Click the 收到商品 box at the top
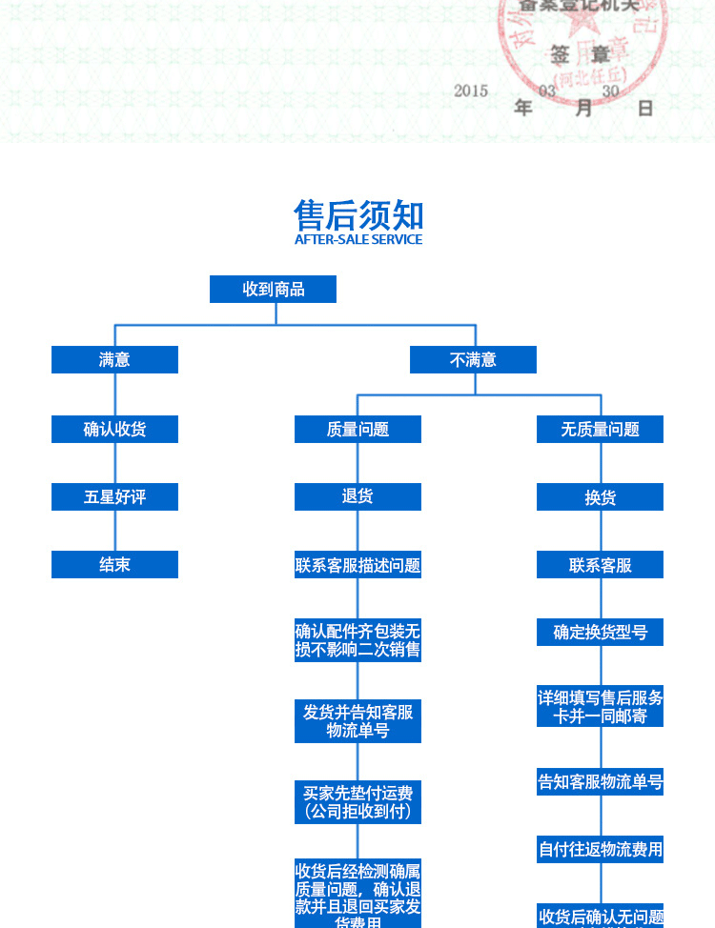pos(273,289)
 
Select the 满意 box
pos(114,359)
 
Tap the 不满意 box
pos(473,359)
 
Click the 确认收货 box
pos(114,429)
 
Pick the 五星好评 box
pos(114,496)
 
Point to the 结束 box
pos(114,564)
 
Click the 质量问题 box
pos(357,429)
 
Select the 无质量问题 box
pos(600,429)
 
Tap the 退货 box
pos(357,496)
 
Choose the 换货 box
pos(600,497)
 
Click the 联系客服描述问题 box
pos(357,565)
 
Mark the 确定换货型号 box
pos(600,632)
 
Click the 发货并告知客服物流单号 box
pos(357,721)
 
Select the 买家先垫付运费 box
pos(357,802)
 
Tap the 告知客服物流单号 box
pos(600,782)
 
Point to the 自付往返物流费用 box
pos(600,849)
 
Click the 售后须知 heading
pos(358,214)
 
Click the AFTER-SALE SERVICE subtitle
pos(358,239)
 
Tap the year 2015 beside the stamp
pos(471,91)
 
